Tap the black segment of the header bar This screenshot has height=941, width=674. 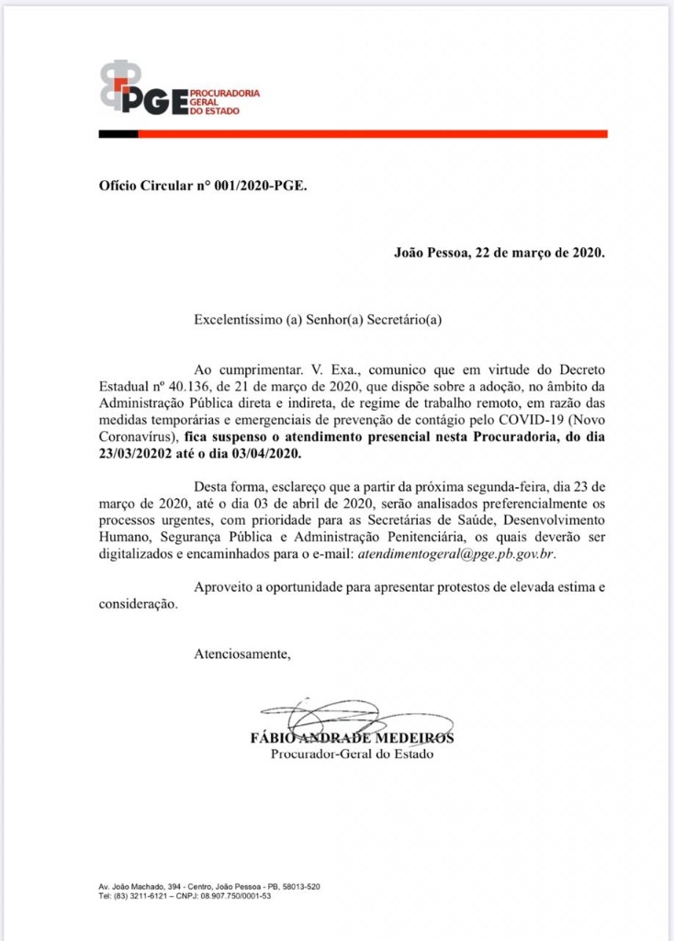(x=118, y=134)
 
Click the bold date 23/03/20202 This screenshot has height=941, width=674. (x=141, y=454)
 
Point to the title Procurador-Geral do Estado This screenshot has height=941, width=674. (x=352, y=755)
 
